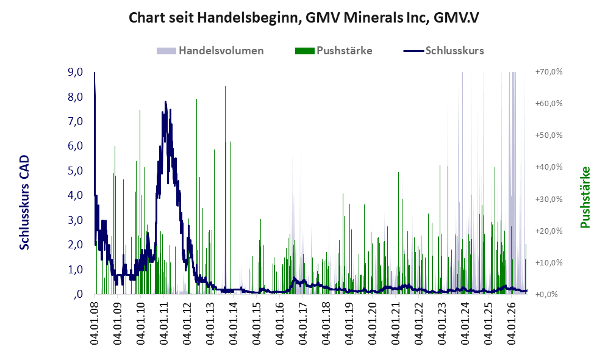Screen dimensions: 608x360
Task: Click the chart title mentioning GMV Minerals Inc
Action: coord(304,18)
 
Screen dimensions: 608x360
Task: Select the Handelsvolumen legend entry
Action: coord(210,51)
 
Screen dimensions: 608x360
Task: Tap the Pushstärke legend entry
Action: coord(334,51)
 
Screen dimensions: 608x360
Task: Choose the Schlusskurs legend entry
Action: coord(443,51)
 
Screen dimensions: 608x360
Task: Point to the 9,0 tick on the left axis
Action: coord(75,72)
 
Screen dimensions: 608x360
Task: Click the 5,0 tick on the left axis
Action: coord(75,171)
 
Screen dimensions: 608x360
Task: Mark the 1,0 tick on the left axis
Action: coord(75,270)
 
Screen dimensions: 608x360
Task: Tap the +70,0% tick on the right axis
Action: coord(549,72)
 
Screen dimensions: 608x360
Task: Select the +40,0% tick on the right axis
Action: coord(549,167)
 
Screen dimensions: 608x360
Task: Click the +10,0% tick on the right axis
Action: coord(549,262)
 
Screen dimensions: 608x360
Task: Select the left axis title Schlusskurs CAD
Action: coord(24,203)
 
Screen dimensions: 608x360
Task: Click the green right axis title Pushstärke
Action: coord(585,198)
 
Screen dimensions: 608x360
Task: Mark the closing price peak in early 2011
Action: coord(166,102)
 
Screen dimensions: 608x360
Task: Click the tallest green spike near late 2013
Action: coord(225,87)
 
